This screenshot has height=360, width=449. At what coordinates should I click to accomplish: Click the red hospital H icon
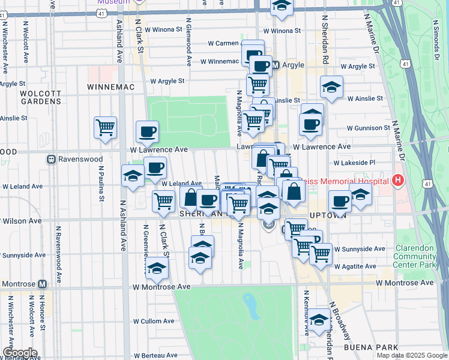(x=397, y=179)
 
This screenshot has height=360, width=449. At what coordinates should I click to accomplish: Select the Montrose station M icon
(x=43, y=284)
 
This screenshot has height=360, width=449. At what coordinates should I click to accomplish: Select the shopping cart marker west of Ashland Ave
(x=105, y=128)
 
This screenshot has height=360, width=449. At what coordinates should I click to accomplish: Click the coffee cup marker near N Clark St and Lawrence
(x=147, y=131)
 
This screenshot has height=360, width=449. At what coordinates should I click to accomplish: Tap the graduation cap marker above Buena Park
(x=319, y=319)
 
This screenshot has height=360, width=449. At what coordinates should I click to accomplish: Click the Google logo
(x=19, y=353)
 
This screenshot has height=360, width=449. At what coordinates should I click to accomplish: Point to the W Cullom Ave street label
(x=154, y=321)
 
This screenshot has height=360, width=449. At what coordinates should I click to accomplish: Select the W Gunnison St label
(x=369, y=128)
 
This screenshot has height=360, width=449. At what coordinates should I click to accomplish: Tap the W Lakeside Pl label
(x=354, y=162)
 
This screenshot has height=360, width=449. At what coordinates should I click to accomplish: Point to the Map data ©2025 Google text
(x=411, y=355)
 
